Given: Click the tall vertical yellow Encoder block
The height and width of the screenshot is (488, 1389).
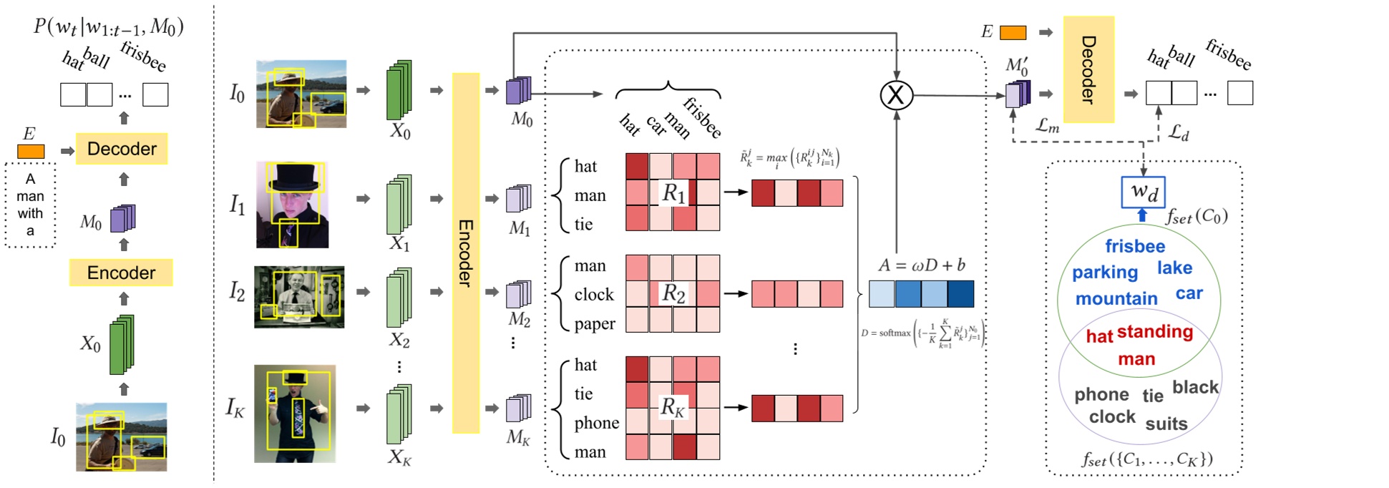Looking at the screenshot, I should tap(465, 253).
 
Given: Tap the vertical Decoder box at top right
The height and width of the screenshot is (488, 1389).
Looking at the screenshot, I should tap(1088, 69).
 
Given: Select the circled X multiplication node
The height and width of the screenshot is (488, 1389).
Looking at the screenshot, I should tap(896, 94).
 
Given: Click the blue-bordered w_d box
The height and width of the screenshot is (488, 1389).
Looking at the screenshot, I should tap(1143, 192).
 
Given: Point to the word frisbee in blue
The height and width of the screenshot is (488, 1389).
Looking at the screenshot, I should tap(1135, 246).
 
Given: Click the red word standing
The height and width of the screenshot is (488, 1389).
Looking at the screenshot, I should tap(1154, 331).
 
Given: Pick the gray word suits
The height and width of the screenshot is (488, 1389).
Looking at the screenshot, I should tap(1166, 424).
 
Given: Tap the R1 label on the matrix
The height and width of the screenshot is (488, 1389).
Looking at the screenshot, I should tap(673, 192).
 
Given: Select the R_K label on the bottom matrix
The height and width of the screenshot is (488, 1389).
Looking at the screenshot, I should tap(673, 407).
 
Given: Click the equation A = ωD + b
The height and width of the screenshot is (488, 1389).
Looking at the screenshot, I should tap(921, 265).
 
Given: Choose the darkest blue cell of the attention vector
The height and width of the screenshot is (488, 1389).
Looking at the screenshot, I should tap(960, 294).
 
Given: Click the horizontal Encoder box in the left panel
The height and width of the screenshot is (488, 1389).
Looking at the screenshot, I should tap(121, 273).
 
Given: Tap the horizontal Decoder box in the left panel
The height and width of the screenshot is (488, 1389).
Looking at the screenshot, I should tap(122, 149).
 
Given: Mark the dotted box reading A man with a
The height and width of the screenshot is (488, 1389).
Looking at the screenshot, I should tap(30, 205).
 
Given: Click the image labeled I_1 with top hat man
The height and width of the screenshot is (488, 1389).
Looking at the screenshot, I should tap(292, 205).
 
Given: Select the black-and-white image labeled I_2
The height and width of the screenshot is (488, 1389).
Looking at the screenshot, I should tap(299, 297).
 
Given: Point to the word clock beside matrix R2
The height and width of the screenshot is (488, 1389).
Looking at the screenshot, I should tap(594, 294).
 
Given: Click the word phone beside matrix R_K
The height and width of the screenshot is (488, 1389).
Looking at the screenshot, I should tap(596, 423).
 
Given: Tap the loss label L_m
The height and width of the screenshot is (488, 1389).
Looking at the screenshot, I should tap(1047, 126).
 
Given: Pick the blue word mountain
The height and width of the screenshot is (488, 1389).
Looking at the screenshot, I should tap(1116, 298).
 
